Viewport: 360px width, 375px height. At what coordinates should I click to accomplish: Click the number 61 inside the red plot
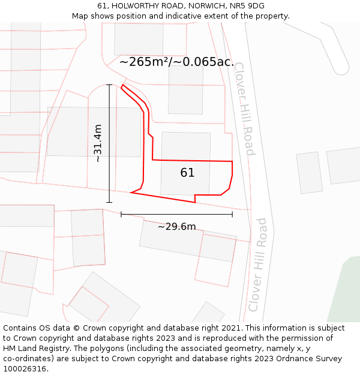pyautogui.click(x=187, y=173)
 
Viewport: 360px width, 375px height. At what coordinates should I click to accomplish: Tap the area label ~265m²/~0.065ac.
pyautogui.click(x=176, y=62)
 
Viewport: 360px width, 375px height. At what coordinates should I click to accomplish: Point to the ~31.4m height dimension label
pyautogui.click(x=98, y=143)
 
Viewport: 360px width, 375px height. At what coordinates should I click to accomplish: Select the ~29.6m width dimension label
pyautogui.click(x=176, y=226)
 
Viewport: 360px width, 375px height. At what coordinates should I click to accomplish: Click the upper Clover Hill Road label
pyautogui.click(x=244, y=108)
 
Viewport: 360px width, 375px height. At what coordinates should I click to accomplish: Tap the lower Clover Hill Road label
pyautogui.click(x=258, y=264)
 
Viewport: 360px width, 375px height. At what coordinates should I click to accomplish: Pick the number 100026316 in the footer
pyautogui.click(x=24, y=369)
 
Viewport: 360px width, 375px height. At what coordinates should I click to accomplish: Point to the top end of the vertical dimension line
pyautogui.click(x=109, y=85)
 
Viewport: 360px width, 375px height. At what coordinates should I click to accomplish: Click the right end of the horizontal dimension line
pyautogui.click(x=232, y=214)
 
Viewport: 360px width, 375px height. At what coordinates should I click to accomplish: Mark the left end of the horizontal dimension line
pyautogui.click(x=121, y=214)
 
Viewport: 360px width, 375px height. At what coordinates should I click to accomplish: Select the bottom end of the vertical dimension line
pyautogui.click(x=109, y=202)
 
